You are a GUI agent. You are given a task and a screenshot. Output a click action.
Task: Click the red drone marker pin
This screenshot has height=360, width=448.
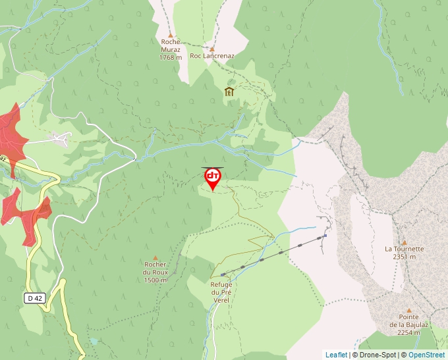[x=212, y=178]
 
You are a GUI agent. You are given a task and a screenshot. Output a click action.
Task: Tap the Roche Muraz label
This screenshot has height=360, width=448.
[x=170, y=45]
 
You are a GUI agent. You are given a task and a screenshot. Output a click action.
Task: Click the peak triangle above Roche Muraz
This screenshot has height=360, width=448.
[x=171, y=35]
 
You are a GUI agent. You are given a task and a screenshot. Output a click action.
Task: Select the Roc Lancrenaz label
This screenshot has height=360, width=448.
[x=211, y=56]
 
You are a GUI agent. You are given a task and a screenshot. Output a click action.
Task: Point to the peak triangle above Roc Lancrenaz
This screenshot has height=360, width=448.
[x=212, y=48]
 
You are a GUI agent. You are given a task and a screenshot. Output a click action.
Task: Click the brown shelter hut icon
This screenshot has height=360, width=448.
[x=229, y=92]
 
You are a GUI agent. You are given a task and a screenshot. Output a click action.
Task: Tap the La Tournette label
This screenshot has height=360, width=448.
[x=404, y=249]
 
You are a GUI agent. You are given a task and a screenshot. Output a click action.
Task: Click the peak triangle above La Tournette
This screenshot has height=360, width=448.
[x=405, y=242]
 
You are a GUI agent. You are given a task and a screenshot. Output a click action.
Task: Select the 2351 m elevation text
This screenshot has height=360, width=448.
[x=404, y=257]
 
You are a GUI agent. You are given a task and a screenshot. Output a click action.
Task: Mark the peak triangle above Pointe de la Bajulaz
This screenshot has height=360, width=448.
[x=408, y=310]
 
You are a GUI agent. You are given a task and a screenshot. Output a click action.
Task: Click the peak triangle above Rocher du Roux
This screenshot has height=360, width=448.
[x=155, y=257]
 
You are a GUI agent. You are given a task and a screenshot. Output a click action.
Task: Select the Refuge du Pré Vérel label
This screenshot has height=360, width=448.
[x=221, y=292]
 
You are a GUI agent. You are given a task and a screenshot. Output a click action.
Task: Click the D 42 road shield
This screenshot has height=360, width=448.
[x=35, y=298]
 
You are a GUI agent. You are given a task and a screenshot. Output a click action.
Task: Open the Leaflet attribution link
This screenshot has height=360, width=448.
[x=336, y=355]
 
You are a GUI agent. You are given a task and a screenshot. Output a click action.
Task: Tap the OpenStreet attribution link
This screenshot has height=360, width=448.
[x=428, y=355]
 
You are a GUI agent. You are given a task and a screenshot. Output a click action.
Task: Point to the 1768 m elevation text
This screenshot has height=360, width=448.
[x=170, y=57]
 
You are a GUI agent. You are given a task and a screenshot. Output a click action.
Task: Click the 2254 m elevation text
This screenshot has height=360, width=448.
[x=408, y=332]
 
